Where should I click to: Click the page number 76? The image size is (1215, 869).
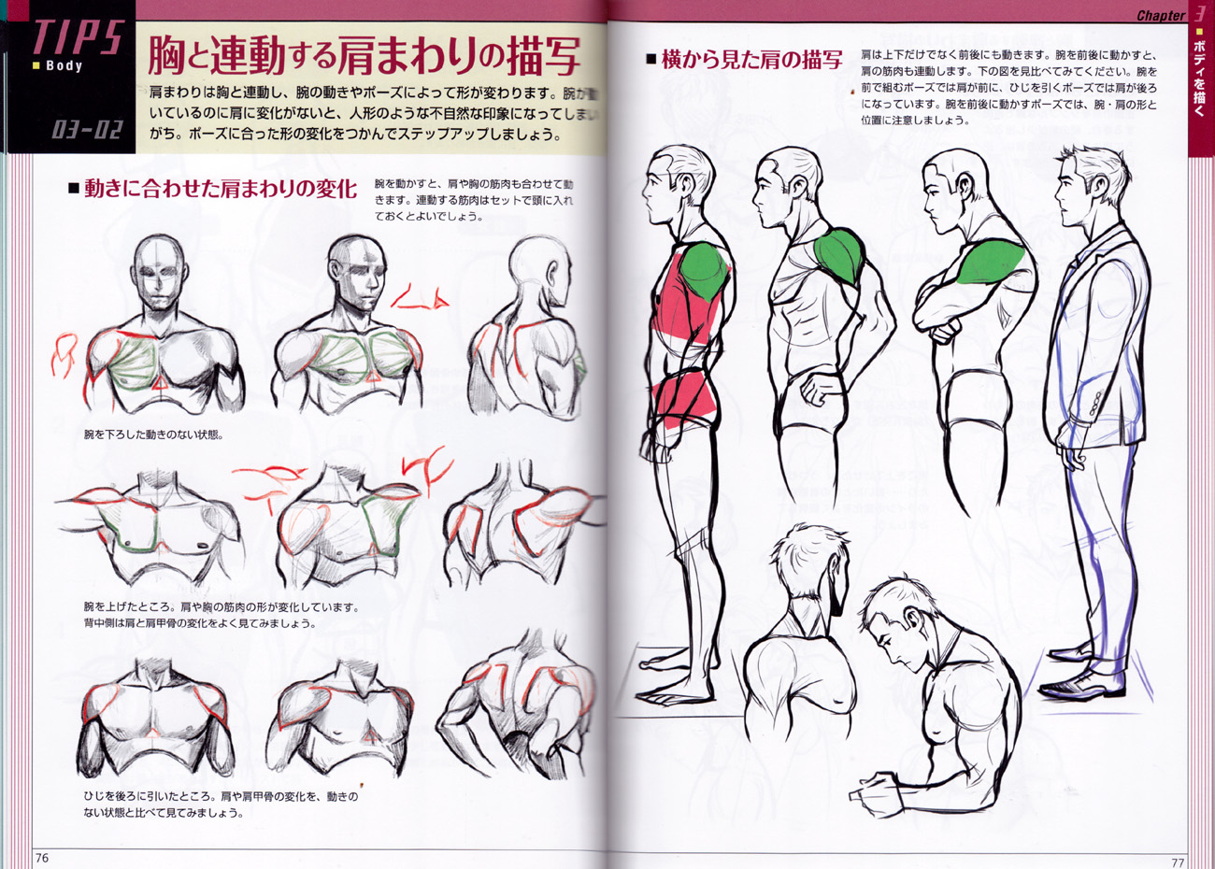click(41, 859)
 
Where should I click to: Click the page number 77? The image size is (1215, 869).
click(1178, 861)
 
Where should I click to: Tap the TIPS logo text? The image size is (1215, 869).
click(77, 37)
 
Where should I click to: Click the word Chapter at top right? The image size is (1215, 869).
click(1160, 15)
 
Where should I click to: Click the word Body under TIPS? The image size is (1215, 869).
click(64, 66)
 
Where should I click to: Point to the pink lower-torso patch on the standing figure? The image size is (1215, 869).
click(684, 400)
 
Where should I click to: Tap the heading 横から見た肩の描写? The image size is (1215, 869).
click(751, 60)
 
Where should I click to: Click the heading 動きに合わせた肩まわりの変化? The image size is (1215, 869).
click(221, 189)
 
